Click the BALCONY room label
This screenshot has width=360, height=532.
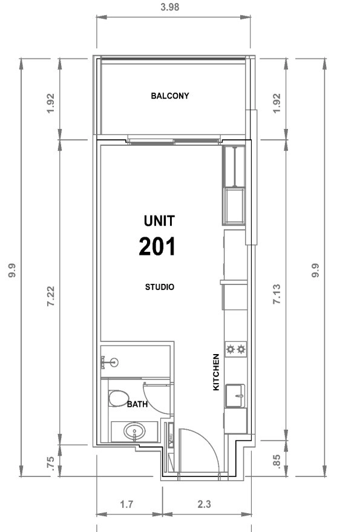click(169, 96)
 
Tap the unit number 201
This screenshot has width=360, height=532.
click(157, 247)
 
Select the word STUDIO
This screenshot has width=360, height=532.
click(160, 287)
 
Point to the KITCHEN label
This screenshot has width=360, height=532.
click(216, 372)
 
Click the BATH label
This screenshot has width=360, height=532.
click(137, 404)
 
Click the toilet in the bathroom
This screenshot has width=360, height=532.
click(119, 398)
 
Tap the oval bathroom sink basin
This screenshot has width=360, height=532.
click(134, 432)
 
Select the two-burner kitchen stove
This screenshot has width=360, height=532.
click(236, 349)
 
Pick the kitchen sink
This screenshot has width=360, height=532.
click(235, 395)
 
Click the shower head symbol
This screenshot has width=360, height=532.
click(110, 363)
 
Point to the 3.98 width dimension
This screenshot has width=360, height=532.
click(169, 7)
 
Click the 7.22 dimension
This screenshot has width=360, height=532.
click(51, 296)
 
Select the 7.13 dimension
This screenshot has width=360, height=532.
click(277, 294)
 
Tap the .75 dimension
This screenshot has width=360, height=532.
click(50, 463)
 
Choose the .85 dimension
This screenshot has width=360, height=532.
click(277, 462)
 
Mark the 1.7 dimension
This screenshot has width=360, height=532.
click(126, 504)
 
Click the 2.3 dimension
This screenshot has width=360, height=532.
click(205, 504)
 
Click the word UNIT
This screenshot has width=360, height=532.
click(159, 221)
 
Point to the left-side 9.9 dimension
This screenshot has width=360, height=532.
click(12, 271)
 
